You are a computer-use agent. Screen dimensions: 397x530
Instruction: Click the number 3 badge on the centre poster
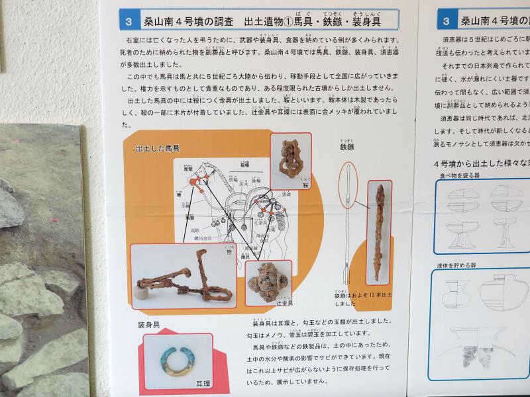pos(129,21)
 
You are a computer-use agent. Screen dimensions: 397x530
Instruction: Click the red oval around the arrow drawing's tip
pos(349,181)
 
